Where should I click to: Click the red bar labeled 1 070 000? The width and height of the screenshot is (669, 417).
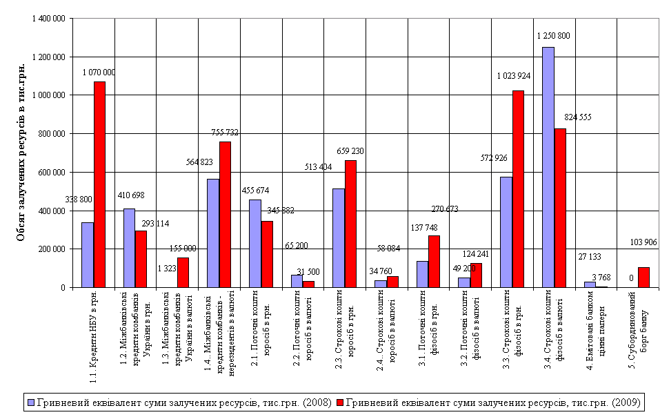[x=99, y=184]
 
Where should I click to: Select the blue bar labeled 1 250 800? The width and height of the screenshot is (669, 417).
[x=548, y=167]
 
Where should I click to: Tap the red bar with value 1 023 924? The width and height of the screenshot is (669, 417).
[x=519, y=188]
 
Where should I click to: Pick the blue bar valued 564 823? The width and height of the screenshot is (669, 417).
[x=213, y=233]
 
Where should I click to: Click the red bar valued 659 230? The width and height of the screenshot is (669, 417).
[x=351, y=224]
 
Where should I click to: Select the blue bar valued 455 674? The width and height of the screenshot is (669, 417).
[x=255, y=243]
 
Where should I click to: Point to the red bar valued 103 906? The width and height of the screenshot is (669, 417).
[x=644, y=277]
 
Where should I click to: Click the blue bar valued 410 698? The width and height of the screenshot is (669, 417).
[x=129, y=248]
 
